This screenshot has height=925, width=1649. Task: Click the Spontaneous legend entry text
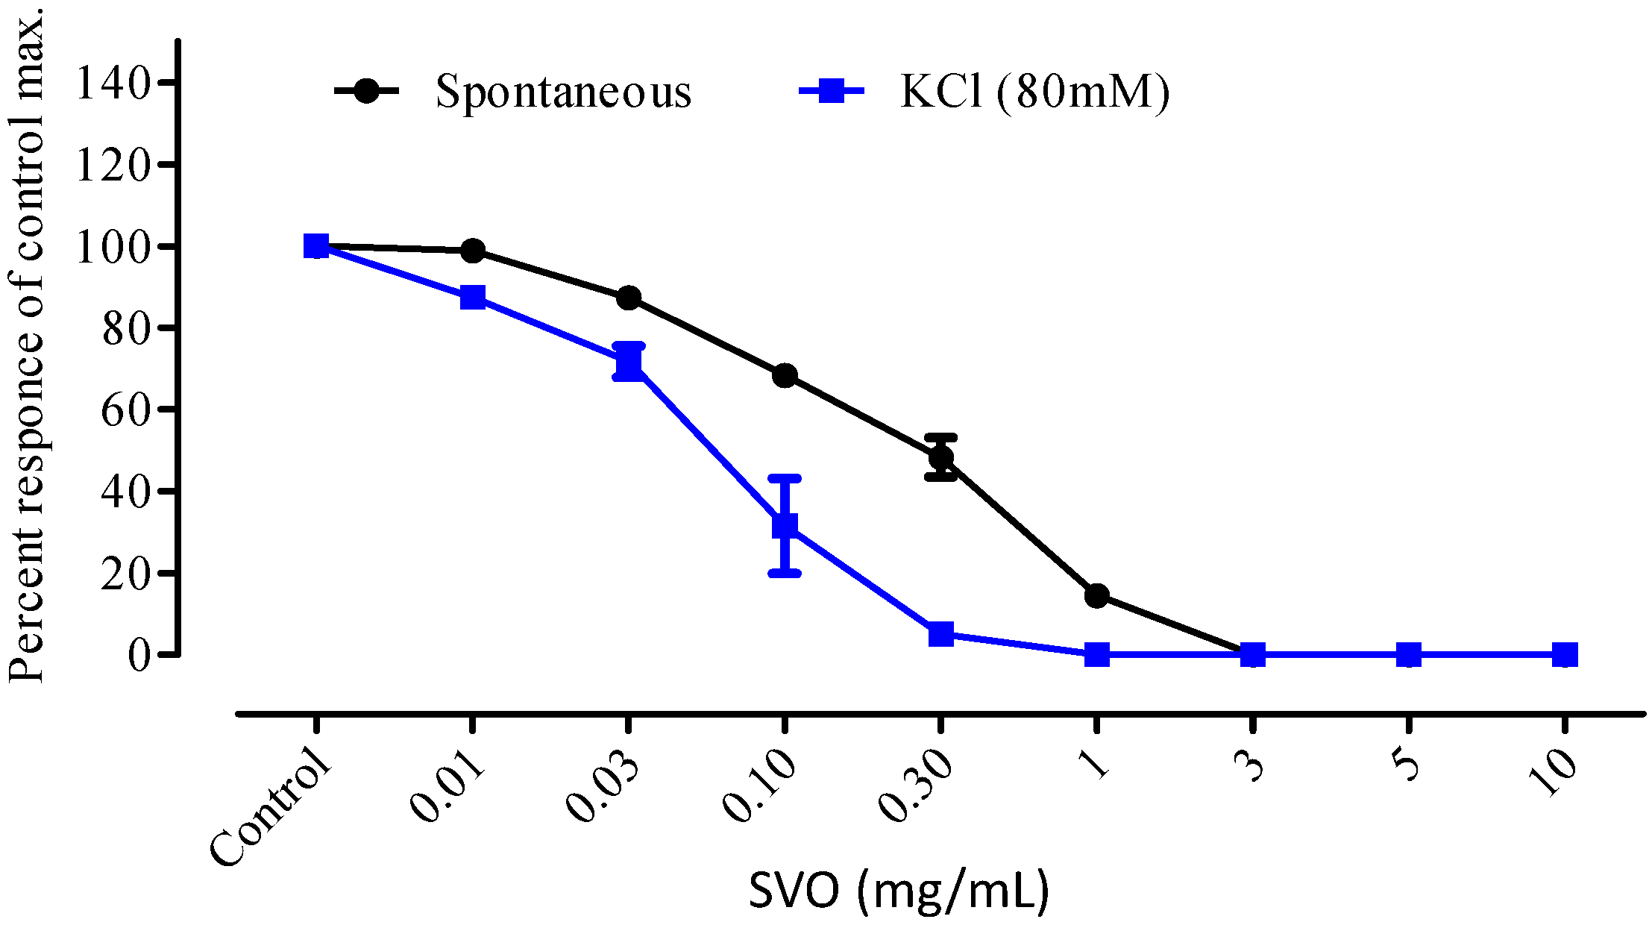pyautogui.click(x=563, y=92)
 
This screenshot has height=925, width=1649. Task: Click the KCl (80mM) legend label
pyautogui.click(x=1034, y=92)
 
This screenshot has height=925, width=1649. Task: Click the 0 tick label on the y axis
pyautogui.click(x=139, y=655)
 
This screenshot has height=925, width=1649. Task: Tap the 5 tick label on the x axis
pyautogui.click(x=1407, y=764)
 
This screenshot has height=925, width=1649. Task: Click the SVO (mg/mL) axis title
pyautogui.click(x=899, y=890)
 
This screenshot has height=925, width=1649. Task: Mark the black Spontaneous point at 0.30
pyautogui.click(x=941, y=457)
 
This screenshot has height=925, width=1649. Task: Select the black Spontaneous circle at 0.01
pyautogui.click(x=472, y=251)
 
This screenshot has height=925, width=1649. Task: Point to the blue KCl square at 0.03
pyautogui.click(x=629, y=363)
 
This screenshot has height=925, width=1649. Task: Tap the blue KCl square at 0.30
pyautogui.click(x=941, y=634)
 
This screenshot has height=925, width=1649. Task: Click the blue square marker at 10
pyautogui.click(x=1565, y=655)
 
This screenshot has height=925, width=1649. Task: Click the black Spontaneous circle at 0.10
pyautogui.click(x=785, y=375)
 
